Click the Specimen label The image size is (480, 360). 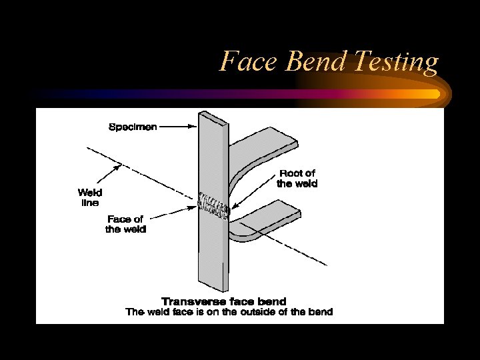coord(133,127)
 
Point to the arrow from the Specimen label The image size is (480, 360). coord(177,127)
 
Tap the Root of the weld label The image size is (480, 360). coord(297,179)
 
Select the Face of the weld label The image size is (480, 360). coord(126,224)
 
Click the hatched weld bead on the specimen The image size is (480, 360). coord(213,206)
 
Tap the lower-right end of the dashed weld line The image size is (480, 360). coord(325,264)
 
